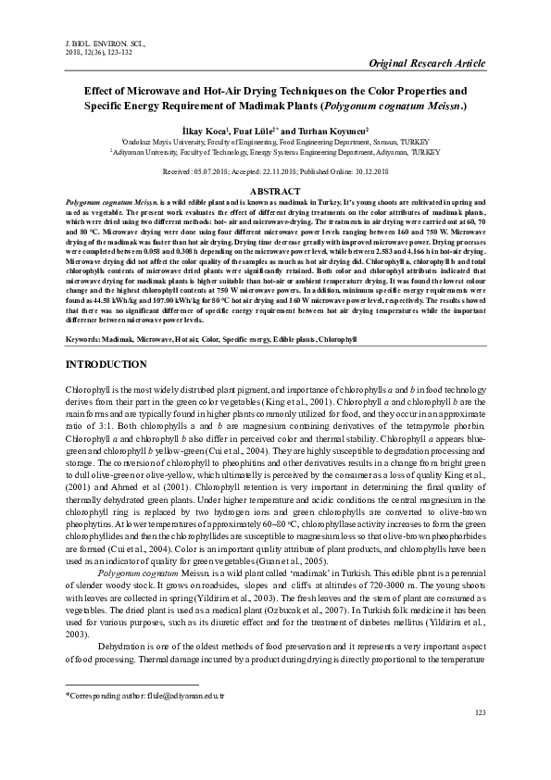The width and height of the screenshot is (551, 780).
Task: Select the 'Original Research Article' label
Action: coord(427,63)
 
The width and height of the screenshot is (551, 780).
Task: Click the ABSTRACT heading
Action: coord(276,190)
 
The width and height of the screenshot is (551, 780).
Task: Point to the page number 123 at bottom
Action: coord(480,738)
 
